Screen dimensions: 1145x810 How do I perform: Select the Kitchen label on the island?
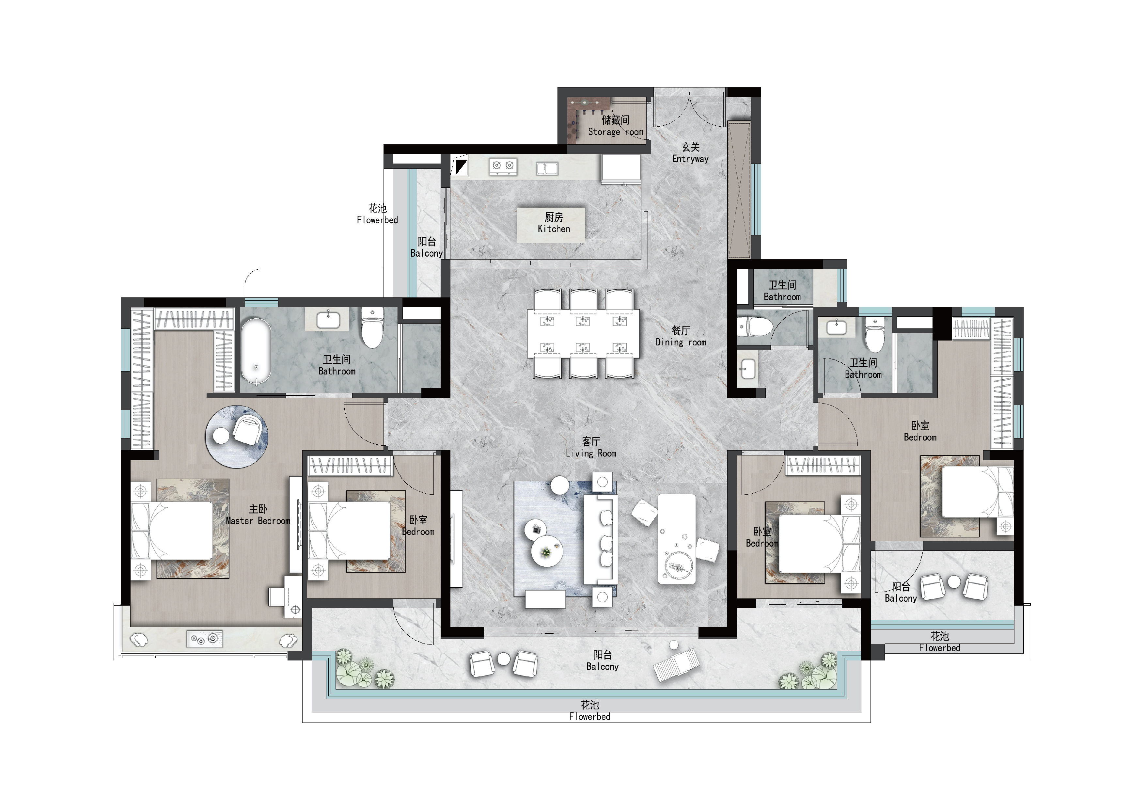(x=554, y=223)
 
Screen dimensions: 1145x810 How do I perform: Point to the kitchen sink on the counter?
(x=547, y=168)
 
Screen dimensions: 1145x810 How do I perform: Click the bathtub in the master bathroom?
(x=256, y=351)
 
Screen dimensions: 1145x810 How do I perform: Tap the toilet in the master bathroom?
(x=372, y=327)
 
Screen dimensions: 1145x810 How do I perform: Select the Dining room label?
(x=681, y=336)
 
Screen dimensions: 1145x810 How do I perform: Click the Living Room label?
(x=591, y=447)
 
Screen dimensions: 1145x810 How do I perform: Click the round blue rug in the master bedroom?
(x=237, y=436)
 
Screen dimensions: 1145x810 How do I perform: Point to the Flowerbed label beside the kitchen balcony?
(x=378, y=214)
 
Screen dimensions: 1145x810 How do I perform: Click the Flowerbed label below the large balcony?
(x=589, y=711)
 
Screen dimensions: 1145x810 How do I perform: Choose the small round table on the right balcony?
(x=954, y=581)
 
